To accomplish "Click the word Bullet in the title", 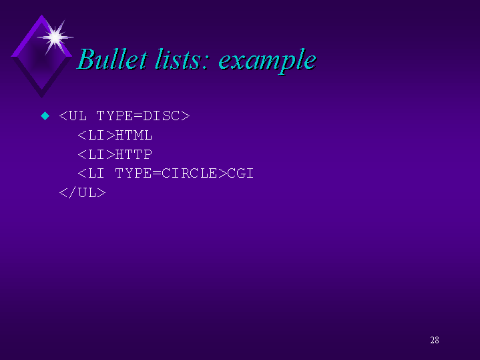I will coord(111,60).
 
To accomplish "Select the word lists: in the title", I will coord(182,60).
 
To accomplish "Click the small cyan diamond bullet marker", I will coord(45,116).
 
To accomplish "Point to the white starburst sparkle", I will coord(55,36).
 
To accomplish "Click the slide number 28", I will coord(435,341).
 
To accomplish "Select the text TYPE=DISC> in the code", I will coord(143,116).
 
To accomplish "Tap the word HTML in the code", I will coord(134,136).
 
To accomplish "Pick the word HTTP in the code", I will coord(134,155).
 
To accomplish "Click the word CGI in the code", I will coord(240,174).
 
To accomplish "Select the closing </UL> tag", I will coord(82,193).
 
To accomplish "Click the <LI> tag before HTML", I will coord(96,136).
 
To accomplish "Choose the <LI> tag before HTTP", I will coord(96,155).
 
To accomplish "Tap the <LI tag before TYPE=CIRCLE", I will coord(91,174).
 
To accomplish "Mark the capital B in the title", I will coord(86,60).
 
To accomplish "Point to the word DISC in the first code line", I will coord(162,116).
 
